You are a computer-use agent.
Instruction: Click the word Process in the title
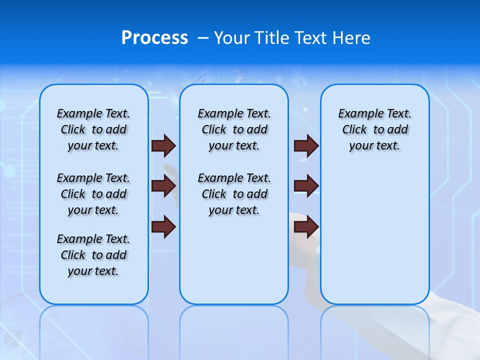pyautogui.click(x=154, y=38)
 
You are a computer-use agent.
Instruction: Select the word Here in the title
pyautogui.click(x=351, y=38)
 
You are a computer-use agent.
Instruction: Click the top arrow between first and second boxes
pyautogui.click(x=163, y=145)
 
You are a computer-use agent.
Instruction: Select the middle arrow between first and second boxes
pyautogui.click(x=163, y=186)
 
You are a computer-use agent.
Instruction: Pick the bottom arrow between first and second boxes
pyautogui.click(x=163, y=226)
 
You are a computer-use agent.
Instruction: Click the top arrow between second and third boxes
pyautogui.click(x=306, y=145)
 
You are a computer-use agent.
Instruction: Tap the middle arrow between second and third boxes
pyautogui.click(x=306, y=186)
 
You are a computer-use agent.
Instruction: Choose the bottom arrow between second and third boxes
pyautogui.click(x=306, y=226)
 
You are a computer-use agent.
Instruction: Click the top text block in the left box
pyautogui.click(x=93, y=129)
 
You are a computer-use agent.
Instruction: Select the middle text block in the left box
pyautogui.click(x=93, y=194)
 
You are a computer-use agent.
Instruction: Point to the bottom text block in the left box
pyautogui.click(x=93, y=255)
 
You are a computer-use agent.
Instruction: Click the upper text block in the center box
pyautogui.click(x=234, y=129)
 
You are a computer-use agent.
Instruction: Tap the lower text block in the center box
pyautogui.click(x=234, y=194)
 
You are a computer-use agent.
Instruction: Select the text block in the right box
pyautogui.click(x=375, y=129)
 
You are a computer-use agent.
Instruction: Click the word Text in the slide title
pyautogui.click(x=310, y=38)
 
